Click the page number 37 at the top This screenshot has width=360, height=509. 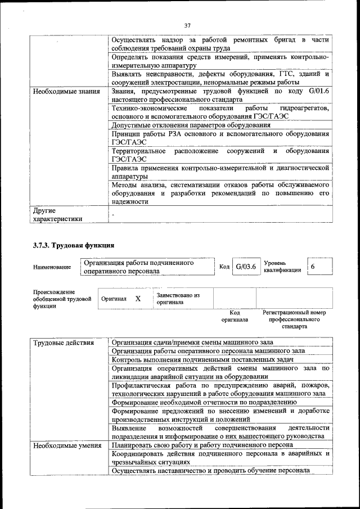187,25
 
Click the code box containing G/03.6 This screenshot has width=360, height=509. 246,267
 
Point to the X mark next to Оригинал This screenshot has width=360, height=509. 138,299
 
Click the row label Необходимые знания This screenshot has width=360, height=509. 66,91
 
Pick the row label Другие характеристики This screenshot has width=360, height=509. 58,214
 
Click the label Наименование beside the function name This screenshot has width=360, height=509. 52,267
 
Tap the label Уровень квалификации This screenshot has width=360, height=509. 282,267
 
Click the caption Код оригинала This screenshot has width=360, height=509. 235,316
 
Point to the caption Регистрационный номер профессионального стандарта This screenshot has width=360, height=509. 294,319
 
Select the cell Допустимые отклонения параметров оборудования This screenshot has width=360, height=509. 191,125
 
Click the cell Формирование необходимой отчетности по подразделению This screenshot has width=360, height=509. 204,403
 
